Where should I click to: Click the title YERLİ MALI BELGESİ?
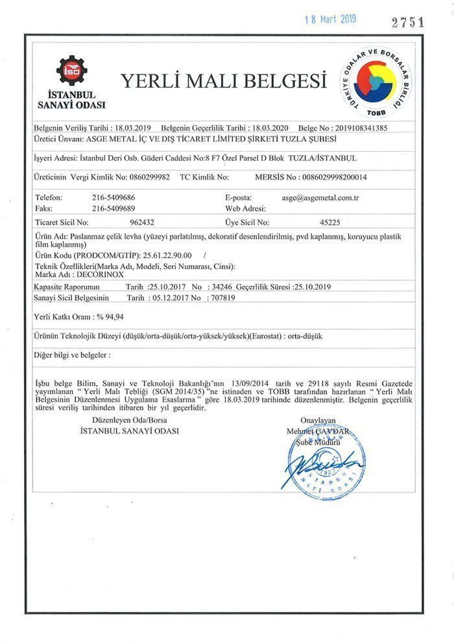tap(222, 81)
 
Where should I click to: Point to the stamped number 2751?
tap(408, 21)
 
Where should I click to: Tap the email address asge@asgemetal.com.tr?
tap(321, 196)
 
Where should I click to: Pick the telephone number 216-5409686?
tap(113, 196)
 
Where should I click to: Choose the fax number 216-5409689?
tap(113, 208)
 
